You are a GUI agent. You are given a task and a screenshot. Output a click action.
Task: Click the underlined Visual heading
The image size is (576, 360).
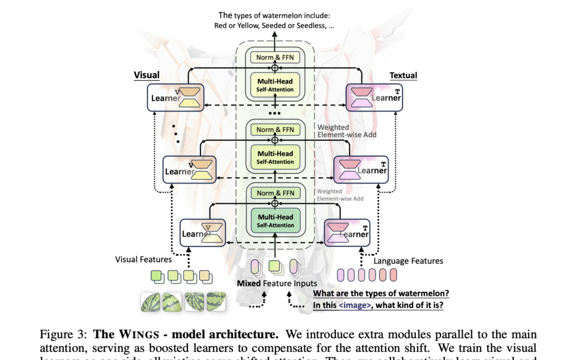pos(146,75)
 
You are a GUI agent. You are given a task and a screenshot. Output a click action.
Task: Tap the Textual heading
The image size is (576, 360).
pos(403,75)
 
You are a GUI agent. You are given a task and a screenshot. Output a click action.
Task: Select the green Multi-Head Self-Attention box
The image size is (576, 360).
pos(275,221)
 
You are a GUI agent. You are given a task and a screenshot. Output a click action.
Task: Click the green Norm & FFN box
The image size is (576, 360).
pos(275,193)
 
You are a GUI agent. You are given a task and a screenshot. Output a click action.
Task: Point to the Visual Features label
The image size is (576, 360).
pos(143,260)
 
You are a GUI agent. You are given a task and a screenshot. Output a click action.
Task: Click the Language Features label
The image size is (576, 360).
pos(408,261)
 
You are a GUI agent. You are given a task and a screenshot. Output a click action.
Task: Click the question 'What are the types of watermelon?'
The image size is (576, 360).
pos(381,293)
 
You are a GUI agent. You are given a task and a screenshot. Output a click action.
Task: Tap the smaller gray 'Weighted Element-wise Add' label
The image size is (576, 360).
pos(340,195)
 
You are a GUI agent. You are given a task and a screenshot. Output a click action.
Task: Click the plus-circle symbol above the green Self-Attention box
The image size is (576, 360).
pos(275,203)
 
